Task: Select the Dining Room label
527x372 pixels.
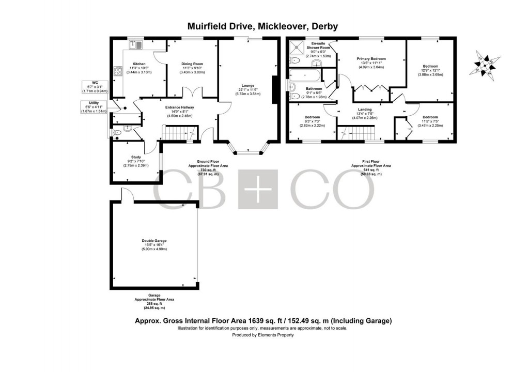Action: coord(192,64)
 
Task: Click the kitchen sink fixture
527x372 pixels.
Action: coord(137,45)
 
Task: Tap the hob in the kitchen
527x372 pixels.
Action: coord(117,72)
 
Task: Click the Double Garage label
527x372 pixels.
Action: coord(154,241)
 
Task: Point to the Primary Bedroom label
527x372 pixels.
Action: coord(371,59)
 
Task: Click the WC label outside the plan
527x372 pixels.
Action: coord(95,83)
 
